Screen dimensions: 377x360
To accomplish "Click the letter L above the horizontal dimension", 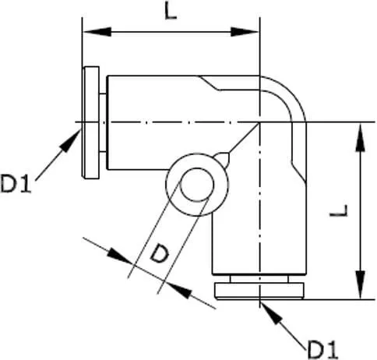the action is pyautogui.click(x=171, y=12).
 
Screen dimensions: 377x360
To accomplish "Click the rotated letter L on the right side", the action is pyautogui.click(x=339, y=210).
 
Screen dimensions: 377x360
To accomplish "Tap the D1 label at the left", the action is pyautogui.click(x=16, y=184).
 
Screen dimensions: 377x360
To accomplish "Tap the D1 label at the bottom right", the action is pyautogui.click(x=322, y=348).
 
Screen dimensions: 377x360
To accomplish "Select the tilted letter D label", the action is pyautogui.click(x=160, y=254).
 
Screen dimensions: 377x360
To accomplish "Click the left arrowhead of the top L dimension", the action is pyautogui.click(x=97, y=32).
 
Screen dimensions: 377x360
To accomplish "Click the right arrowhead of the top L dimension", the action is pyautogui.click(x=245, y=32).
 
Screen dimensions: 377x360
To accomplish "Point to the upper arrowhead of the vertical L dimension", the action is pyautogui.click(x=361, y=137).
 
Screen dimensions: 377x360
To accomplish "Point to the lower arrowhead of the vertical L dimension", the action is pyautogui.click(x=361, y=285).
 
